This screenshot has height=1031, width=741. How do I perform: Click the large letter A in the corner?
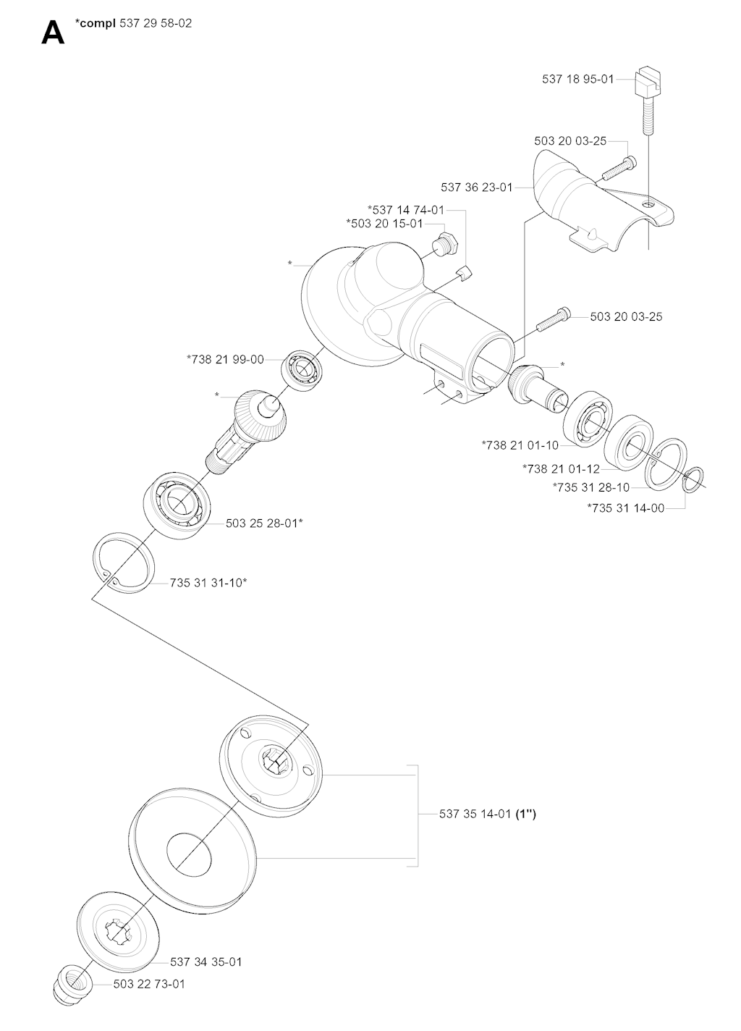[52, 33]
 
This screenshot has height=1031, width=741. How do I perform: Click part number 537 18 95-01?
[577, 79]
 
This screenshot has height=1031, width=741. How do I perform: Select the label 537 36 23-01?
[476, 188]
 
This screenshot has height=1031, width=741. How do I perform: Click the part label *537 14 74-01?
[406, 210]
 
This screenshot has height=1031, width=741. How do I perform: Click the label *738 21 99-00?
[225, 359]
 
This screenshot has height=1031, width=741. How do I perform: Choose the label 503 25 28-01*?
[264, 522]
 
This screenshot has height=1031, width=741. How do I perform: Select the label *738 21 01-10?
[520, 445]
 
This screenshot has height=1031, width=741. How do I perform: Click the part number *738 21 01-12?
[561, 469]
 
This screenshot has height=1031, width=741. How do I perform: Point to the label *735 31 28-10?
[590, 487]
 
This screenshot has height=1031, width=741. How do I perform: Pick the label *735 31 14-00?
[625, 508]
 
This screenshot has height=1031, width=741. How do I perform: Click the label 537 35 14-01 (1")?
[488, 814]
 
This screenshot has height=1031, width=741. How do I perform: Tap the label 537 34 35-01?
[206, 962]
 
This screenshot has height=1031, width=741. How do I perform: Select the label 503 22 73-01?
[149, 985]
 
